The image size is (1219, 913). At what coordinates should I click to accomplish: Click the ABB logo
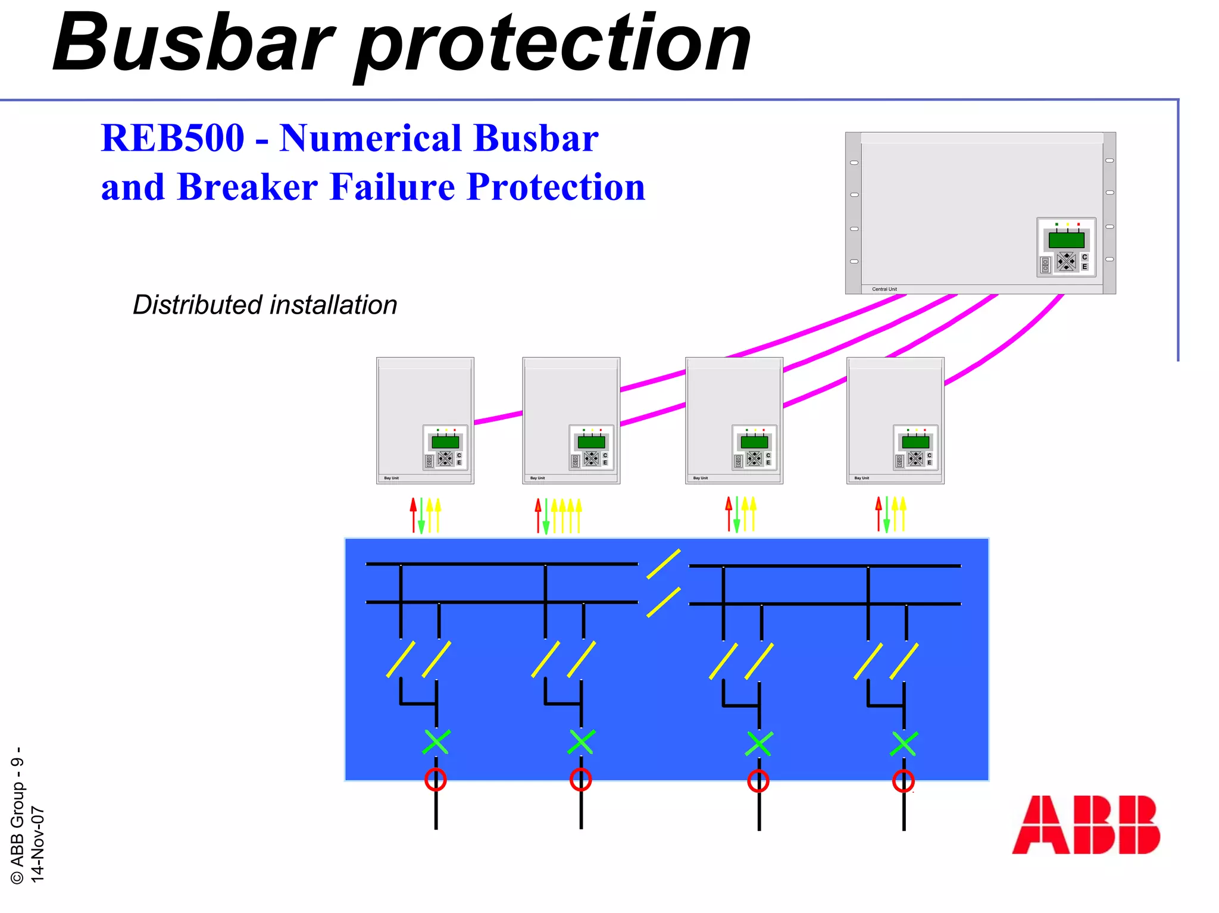[1086, 824]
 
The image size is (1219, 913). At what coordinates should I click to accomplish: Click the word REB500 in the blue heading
[173, 138]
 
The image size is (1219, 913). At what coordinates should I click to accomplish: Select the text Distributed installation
[265, 305]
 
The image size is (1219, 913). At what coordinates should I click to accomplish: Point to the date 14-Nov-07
[37, 843]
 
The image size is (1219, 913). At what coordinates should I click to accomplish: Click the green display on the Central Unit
[1066, 240]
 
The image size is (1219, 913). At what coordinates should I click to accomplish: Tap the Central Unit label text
[884, 289]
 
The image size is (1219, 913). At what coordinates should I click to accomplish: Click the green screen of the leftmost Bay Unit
[445, 442]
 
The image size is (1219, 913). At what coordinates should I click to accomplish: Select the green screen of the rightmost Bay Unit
[915, 442]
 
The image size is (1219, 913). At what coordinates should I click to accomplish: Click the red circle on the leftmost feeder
[436, 779]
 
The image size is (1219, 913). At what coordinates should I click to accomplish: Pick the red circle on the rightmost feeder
[904, 781]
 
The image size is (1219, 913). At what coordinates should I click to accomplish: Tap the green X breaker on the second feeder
[581, 742]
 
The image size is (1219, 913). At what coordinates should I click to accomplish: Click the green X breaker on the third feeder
[759, 744]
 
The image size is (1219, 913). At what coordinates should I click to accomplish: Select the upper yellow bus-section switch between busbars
[664, 564]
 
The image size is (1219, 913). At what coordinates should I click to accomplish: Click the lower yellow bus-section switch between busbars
[664, 602]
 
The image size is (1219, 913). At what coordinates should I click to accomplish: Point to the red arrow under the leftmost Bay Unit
[413, 515]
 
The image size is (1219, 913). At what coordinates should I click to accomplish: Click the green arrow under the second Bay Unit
[546, 517]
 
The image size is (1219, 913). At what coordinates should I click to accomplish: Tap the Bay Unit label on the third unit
[701, 478]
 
